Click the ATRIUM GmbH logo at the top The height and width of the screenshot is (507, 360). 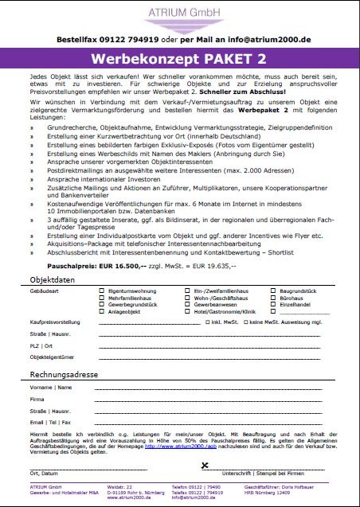click(x=179, y=14)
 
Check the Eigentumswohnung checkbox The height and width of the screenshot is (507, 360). click(x=101, y=293)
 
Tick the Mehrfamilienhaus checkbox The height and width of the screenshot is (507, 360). click(x=101, y=299)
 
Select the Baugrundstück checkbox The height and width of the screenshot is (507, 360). click(x=273, y=293)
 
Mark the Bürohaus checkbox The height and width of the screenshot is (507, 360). click(x=273, y=299)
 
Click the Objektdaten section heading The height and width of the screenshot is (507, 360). click(x=53, y=282)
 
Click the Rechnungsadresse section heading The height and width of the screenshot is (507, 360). click(x=64, y=374)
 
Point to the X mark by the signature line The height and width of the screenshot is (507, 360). click(x=205, y=465)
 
